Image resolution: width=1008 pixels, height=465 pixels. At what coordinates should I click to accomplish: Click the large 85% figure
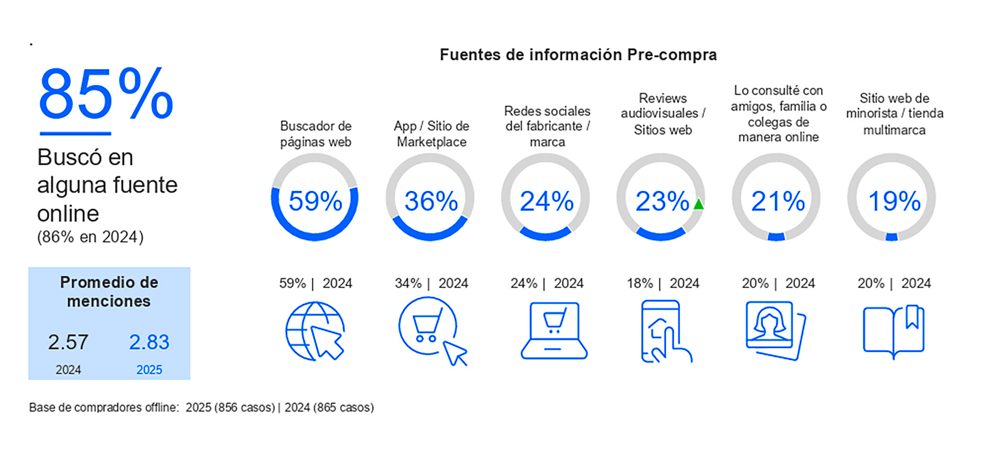(x=106, y=94)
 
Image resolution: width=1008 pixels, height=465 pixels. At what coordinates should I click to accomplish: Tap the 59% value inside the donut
(x=315, y=201)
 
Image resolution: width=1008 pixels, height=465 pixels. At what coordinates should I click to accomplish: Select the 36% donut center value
(x=430, y=201)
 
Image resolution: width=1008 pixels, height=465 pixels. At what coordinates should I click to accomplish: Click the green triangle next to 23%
(x=698, y=204)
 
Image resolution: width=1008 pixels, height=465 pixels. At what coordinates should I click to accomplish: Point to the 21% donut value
(x=778, y=201)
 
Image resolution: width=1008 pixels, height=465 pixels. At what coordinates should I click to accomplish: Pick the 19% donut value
(x=894, y=201)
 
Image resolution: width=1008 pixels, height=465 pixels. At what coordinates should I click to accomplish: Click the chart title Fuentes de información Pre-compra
(x=578, y=55)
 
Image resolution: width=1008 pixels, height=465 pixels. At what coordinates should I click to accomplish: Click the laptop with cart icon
(x=554, y=330)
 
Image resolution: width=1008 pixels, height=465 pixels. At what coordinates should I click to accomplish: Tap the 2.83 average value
(x=149, y=343)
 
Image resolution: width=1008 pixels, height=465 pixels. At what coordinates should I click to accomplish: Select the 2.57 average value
(x=68, y=343)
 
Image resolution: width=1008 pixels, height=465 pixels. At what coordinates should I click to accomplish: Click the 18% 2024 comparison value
(x=639, y=284)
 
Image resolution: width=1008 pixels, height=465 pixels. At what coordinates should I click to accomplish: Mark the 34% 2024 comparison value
(x=408, y=284)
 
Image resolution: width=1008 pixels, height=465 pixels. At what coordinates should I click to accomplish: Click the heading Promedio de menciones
(x=109, y=292)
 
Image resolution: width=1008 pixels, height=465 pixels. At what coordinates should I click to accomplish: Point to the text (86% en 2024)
(x=90, y=237)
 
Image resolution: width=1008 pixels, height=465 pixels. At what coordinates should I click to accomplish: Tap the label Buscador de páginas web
(x=316, y=134)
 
